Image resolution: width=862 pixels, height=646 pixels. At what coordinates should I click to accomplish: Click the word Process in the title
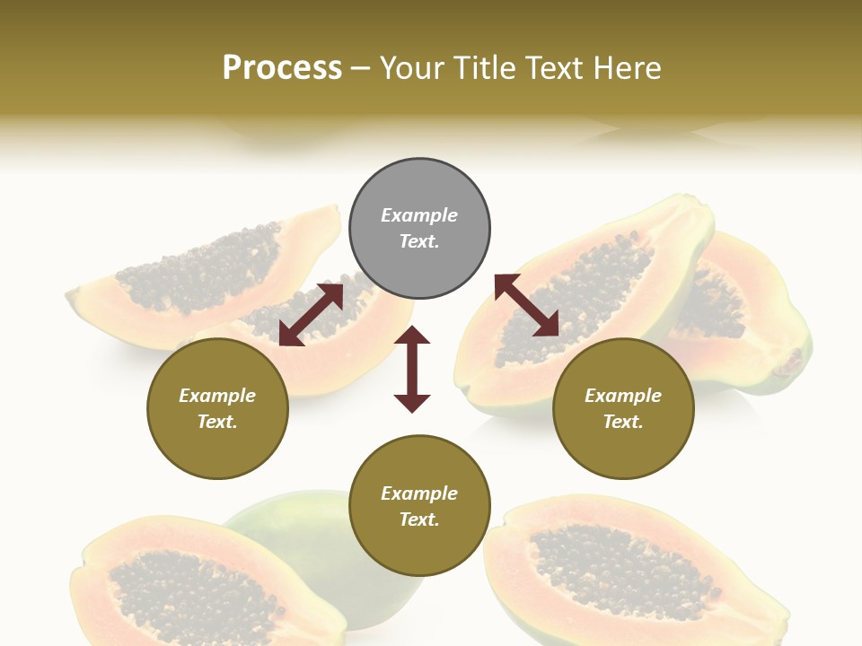[282, 67]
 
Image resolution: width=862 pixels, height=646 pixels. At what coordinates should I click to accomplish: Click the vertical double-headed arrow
[412, 370]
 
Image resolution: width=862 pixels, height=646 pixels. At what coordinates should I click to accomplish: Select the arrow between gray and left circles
[312, 314]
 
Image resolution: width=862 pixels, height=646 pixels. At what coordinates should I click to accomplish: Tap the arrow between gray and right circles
[527, 305]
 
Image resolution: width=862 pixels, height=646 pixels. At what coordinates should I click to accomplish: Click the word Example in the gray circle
[419, 215]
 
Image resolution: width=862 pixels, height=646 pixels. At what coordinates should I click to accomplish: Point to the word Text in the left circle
[217, 422]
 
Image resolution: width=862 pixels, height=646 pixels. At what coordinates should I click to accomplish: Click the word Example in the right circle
[623, 396]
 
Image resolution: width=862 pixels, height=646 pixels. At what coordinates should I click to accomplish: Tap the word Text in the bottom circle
[419, 519]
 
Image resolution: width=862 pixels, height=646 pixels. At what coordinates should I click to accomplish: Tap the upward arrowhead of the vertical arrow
[412, 336]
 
